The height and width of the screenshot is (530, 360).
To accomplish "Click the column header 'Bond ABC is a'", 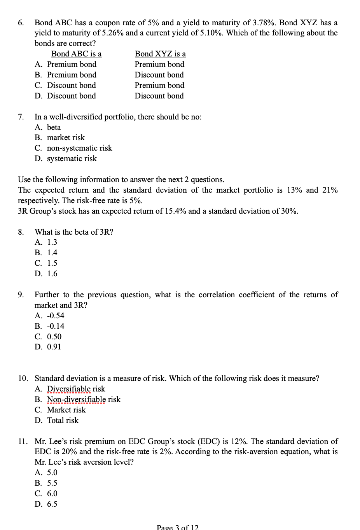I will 76,54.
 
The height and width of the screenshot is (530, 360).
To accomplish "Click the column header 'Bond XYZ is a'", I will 160,54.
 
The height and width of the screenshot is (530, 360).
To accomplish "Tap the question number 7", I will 21,117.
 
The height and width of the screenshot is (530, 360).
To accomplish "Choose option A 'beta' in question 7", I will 54,128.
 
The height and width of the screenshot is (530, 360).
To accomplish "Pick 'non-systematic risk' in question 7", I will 79,148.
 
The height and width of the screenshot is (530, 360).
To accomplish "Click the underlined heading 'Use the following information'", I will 121,180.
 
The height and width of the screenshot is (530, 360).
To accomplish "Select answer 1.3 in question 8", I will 52,242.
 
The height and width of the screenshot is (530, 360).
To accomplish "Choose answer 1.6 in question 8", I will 52,274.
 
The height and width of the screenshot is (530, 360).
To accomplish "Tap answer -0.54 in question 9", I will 56,316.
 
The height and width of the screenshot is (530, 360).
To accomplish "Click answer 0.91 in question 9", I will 54,347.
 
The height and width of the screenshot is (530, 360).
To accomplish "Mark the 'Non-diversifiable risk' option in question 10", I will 84,400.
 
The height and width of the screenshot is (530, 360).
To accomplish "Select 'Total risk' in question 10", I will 63,421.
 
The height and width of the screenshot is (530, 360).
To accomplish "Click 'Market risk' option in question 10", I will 66,410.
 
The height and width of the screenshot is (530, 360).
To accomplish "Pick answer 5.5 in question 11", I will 52,483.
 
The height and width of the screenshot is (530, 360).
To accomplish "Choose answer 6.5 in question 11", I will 52,504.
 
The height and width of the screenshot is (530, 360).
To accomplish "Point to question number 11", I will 23,442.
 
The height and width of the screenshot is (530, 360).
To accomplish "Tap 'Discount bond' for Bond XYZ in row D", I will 159,96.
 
